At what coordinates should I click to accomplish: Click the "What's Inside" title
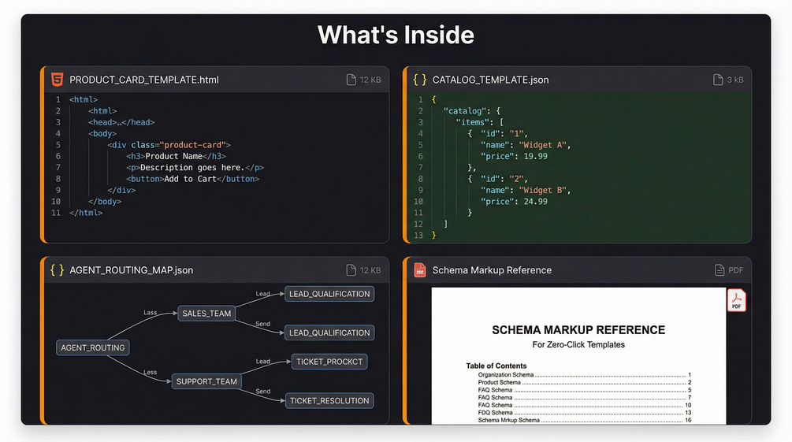click(x=396, y=35)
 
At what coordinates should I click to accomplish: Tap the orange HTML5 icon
click(x=57, y=80)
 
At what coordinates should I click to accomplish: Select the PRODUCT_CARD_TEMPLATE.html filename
click(x=144, y=80)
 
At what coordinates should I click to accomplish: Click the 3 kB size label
click(x=734, y=80)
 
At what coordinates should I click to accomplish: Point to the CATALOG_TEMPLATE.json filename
click(x=490, y=80)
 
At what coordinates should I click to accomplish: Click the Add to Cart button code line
click(x=192, y=179)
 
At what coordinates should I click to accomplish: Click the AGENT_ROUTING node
click(x=93, y=347)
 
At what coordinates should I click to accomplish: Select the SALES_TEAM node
click(x=206, y=314)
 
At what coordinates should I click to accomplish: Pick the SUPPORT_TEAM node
click(x=206, y=381)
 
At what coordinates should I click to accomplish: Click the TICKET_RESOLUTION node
click(x=329, y=400)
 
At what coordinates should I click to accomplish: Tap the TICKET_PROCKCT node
click(x=329, y=362)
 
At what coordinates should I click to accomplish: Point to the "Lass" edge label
click(x=150, y=313)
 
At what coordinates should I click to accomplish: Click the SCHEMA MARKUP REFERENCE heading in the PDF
click(x=578, y=330)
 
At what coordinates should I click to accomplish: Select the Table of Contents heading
click(x=496, y=366)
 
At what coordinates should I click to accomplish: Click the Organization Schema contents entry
click(x=505, y=375)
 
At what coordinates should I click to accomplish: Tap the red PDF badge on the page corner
click(x=736, y=300)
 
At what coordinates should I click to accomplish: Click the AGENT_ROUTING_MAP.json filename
click(x=131, y=270)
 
